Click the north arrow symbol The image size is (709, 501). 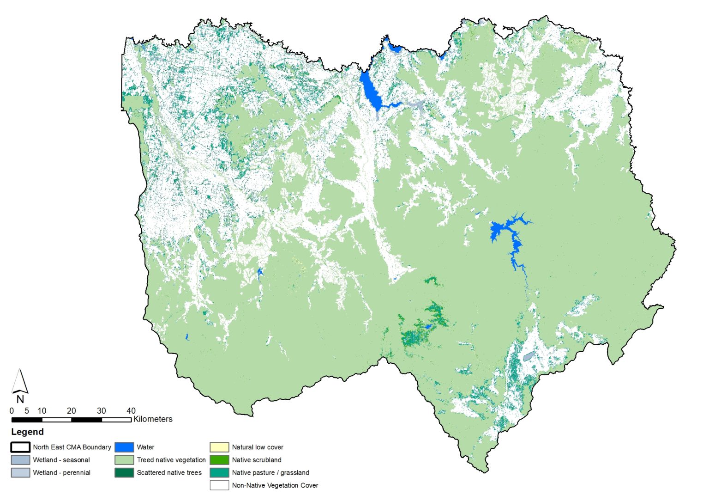[x=19, y=381]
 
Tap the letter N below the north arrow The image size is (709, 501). [x=20, y=399]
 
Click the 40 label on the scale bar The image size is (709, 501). [x=131, y=410]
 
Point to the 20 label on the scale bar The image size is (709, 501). [x=71, y=410]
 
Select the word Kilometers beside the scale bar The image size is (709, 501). [x=153, y=419]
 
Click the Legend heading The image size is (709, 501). [x=27, y=432]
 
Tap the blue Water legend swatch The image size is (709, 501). [x=124, y=447]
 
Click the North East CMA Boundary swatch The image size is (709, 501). [x=20, y=447]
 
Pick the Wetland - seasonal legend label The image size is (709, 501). [x=61, y=460]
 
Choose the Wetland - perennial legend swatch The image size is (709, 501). [x=20, y=472]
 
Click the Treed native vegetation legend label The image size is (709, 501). [x=171, y=460]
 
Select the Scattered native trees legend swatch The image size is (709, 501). [x=124, y=472]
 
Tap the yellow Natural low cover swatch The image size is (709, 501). [x=219, y=447]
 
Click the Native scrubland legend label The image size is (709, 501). [x=257, y=460]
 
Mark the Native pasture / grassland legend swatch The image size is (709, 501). [x=219, y=472]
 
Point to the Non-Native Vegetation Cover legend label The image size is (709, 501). [x=275, y=485]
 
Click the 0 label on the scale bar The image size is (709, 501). [x=12, y=410]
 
